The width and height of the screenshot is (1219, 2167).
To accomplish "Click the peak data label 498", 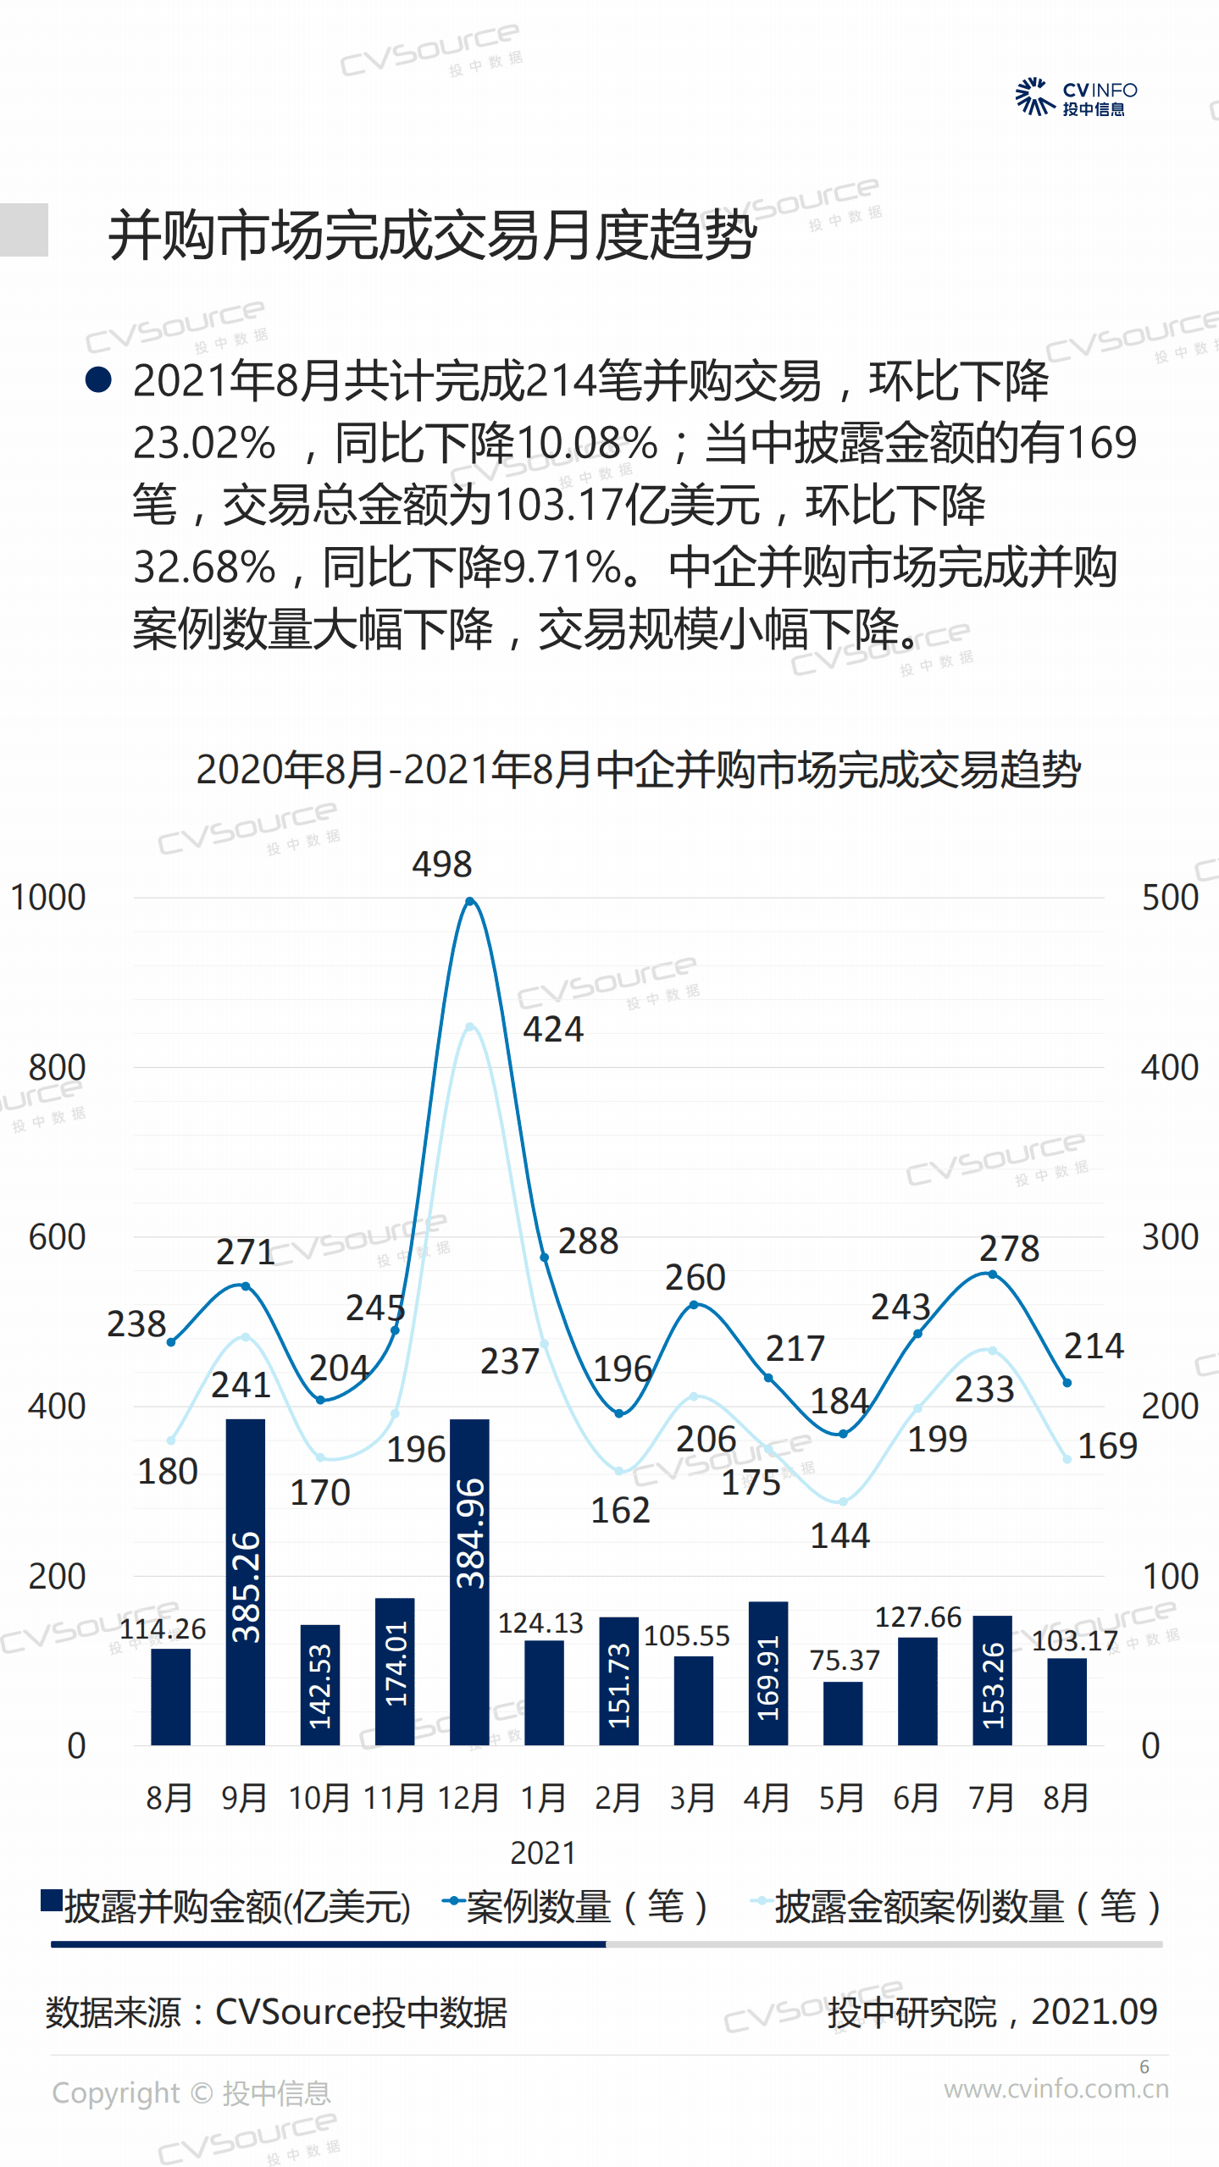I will tap(441, 865).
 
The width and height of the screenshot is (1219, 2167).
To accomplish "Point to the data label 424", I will tap(553, 1030).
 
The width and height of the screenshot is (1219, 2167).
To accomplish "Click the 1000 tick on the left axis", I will tap(48, 898).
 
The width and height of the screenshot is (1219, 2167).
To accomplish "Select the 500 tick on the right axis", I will tap(1170, 898).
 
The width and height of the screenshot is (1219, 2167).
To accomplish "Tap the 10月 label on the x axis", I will tap(319, 1798).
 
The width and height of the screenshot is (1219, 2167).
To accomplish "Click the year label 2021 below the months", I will tap(543, 1854).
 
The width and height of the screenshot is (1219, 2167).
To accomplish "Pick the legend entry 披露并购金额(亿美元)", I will tap(227, 1908).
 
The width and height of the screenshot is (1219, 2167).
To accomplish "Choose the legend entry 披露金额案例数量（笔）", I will tap(957, 1908).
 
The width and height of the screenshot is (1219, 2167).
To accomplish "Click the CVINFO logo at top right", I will tap(1076, 97).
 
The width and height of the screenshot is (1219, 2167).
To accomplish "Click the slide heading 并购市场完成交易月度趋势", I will tap(432, 235).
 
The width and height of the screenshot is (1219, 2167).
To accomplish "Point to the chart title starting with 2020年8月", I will tap(638, 770).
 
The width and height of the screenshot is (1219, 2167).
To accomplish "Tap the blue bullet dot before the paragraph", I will tap(99, 379).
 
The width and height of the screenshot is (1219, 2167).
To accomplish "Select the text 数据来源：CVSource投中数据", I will tap(276, 2012).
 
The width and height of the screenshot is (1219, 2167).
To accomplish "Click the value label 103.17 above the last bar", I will tap(1074, 1641).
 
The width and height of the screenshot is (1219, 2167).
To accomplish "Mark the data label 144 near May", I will tap(839, 1536).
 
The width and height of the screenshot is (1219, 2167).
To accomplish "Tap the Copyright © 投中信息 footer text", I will tap(191, 2093).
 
